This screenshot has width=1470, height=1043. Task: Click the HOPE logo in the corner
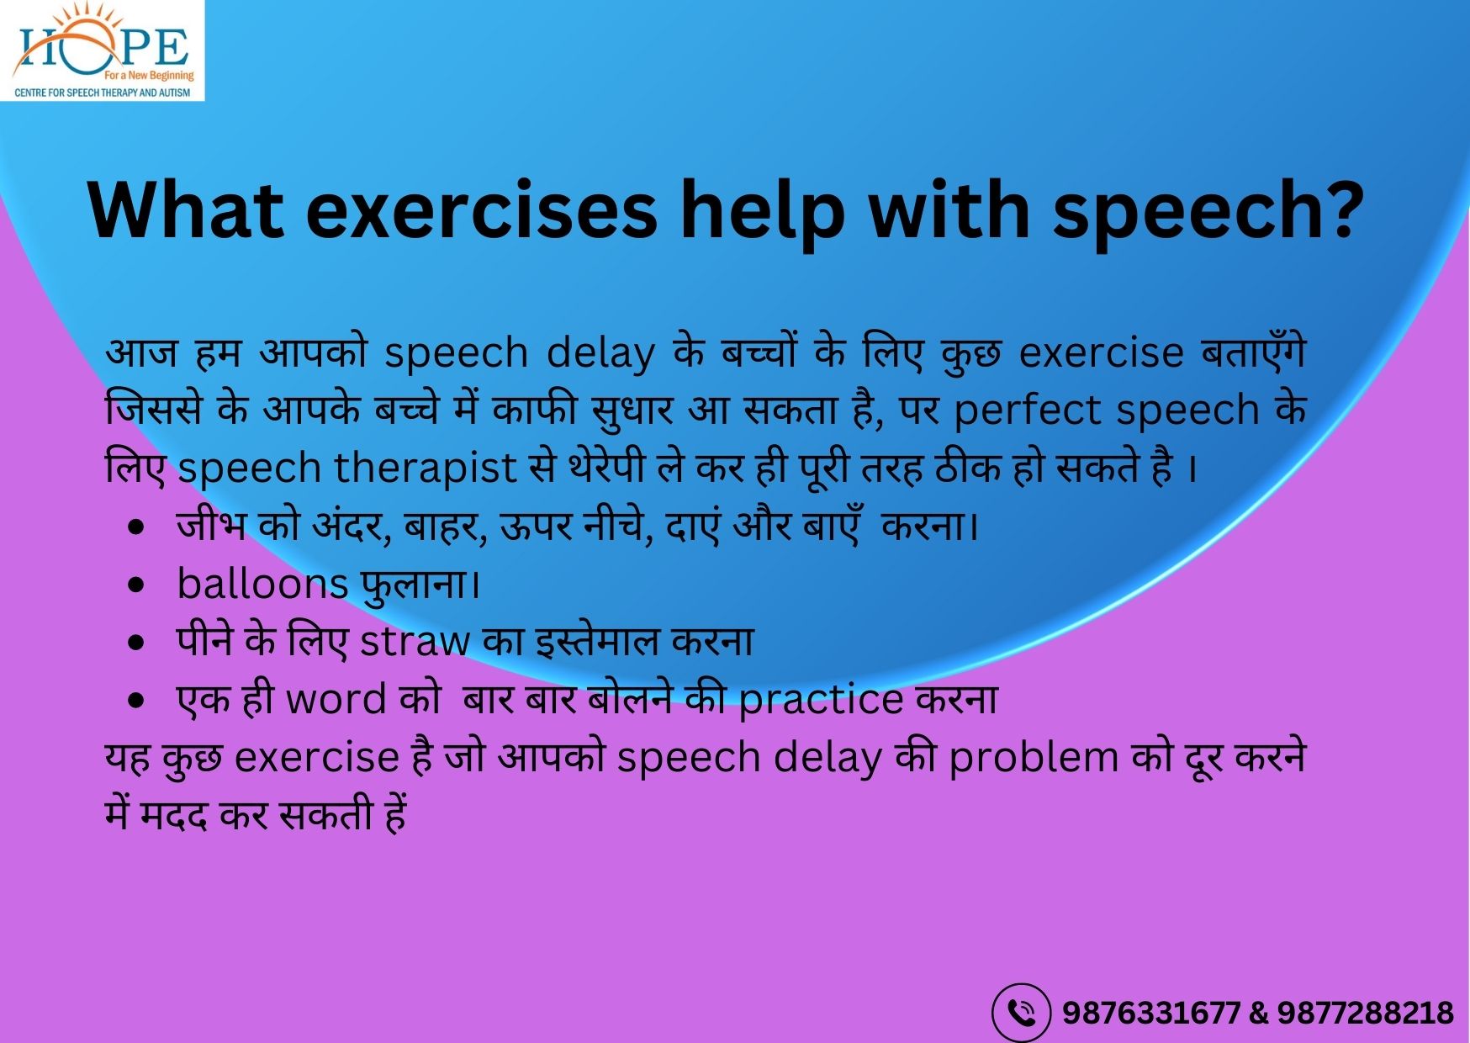pos(103,50)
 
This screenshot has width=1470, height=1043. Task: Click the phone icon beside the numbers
pos(1021,1013)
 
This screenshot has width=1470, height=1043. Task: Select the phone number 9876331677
pos(1151,1013)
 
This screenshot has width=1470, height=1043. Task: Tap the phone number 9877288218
pos(1366,1013)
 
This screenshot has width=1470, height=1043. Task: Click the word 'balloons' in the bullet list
pos(262,584)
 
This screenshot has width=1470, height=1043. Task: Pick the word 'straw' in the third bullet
pos(415,642)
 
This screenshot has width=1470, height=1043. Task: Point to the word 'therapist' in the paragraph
pos(426,469)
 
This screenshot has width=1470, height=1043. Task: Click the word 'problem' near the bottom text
pos(1034,759)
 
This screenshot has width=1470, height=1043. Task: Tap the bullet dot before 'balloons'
pos(136,585)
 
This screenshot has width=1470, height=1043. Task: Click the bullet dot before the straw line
pos(136,643)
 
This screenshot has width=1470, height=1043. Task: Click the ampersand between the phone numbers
pos(1259,1013)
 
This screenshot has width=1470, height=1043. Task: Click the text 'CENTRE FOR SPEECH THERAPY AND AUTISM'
pos(103,93)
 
